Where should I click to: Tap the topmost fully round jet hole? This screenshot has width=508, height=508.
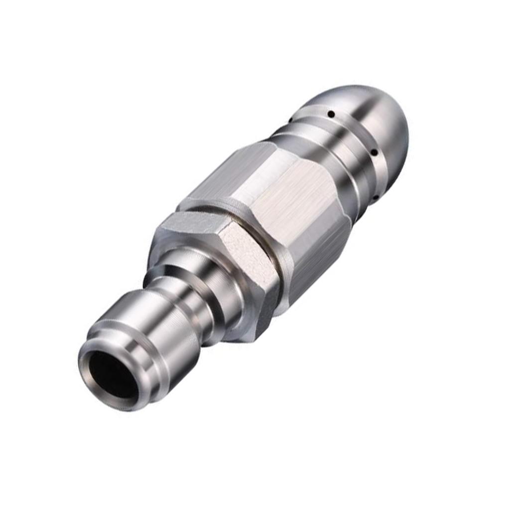[x=330, y=115]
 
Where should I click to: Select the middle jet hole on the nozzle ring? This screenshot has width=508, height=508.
[x=375, y=153]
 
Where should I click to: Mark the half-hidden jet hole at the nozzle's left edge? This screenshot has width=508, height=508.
[x=290, y=119]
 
